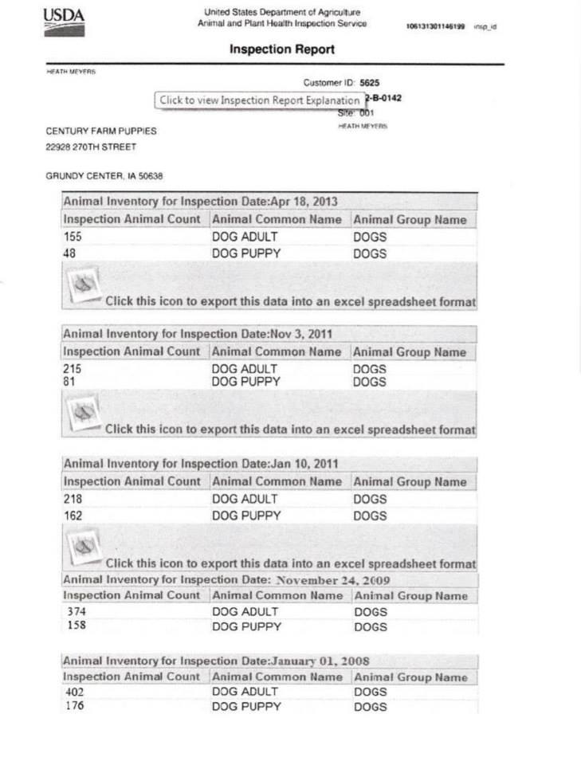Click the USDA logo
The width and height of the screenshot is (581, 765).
tap(63, 22)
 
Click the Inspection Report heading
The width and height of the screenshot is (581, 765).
tap(281, 49)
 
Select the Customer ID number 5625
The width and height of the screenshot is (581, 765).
tap(370, 82)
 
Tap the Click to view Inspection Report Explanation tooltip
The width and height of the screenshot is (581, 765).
tap(259, 100)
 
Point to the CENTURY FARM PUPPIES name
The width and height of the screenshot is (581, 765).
tap(101, 131)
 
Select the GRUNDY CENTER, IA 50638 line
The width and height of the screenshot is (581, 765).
tap(104, 176)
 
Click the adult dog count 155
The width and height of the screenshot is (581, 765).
tap(73, 237)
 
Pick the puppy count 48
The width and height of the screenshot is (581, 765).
tap(69, 254)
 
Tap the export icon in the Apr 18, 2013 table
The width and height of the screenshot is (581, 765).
tap(84, 286)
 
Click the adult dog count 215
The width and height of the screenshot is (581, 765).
tap(73, 370)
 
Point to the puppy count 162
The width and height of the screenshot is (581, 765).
tap(73, 516)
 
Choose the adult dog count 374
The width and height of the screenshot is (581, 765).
tap(77, 612)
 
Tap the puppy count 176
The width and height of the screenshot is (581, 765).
tap(73, 707)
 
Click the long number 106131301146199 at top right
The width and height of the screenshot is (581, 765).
tap(435, 26)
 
